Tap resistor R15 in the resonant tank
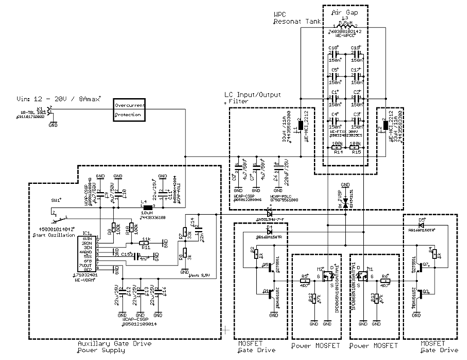355,146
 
